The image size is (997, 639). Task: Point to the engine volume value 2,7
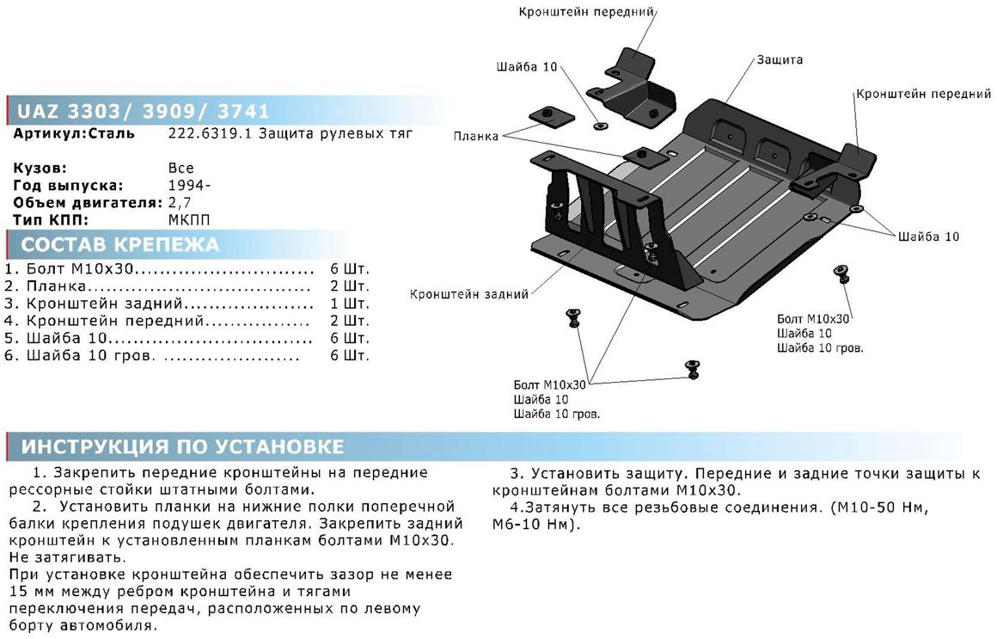181,203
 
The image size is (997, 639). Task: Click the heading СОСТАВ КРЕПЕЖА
120,244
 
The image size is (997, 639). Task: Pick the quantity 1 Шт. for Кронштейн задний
350,304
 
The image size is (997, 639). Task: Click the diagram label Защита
780,60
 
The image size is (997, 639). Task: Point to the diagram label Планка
477,136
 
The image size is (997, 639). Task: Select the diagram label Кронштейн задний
469,294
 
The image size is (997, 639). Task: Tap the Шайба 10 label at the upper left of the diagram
527,66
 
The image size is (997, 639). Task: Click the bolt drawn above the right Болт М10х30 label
841,274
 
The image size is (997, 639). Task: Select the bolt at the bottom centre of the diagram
691,368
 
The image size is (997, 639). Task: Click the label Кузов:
40,168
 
